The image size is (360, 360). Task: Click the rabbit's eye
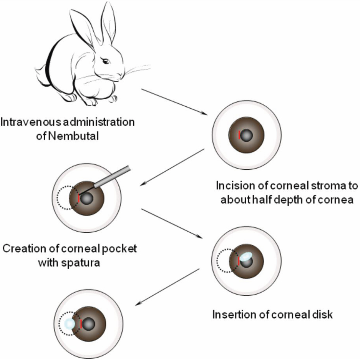[106, 61]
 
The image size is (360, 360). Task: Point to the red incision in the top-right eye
[240, 135]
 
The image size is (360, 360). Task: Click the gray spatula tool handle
[113, 176]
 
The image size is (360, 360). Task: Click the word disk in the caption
[323, 314]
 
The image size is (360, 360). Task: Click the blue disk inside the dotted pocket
[69, 324]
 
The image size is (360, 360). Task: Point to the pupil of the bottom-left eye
[90, 324]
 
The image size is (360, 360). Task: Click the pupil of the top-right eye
[247, 135]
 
